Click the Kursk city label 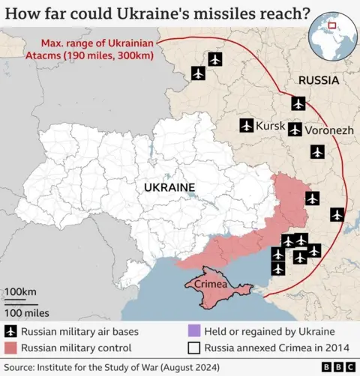pyautogui.click(x=271, y=126)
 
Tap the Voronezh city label pyautogui.click(x=328, y=130)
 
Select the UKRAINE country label pyautogui.click(x=169, y=187)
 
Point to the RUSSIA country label pyautogui.click(x=319, y=80)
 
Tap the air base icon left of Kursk pyautogui.click(x=247, y=126)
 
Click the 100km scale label pyautogui.click(x=21, y=291)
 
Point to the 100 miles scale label pyautogui.click(x=27, y=312)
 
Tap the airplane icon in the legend pyautogui.click(x=10, y=332)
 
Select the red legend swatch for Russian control pyautogui.click(x=10, y=348)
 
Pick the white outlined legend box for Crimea pyautogui.click(x=193, y=348)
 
